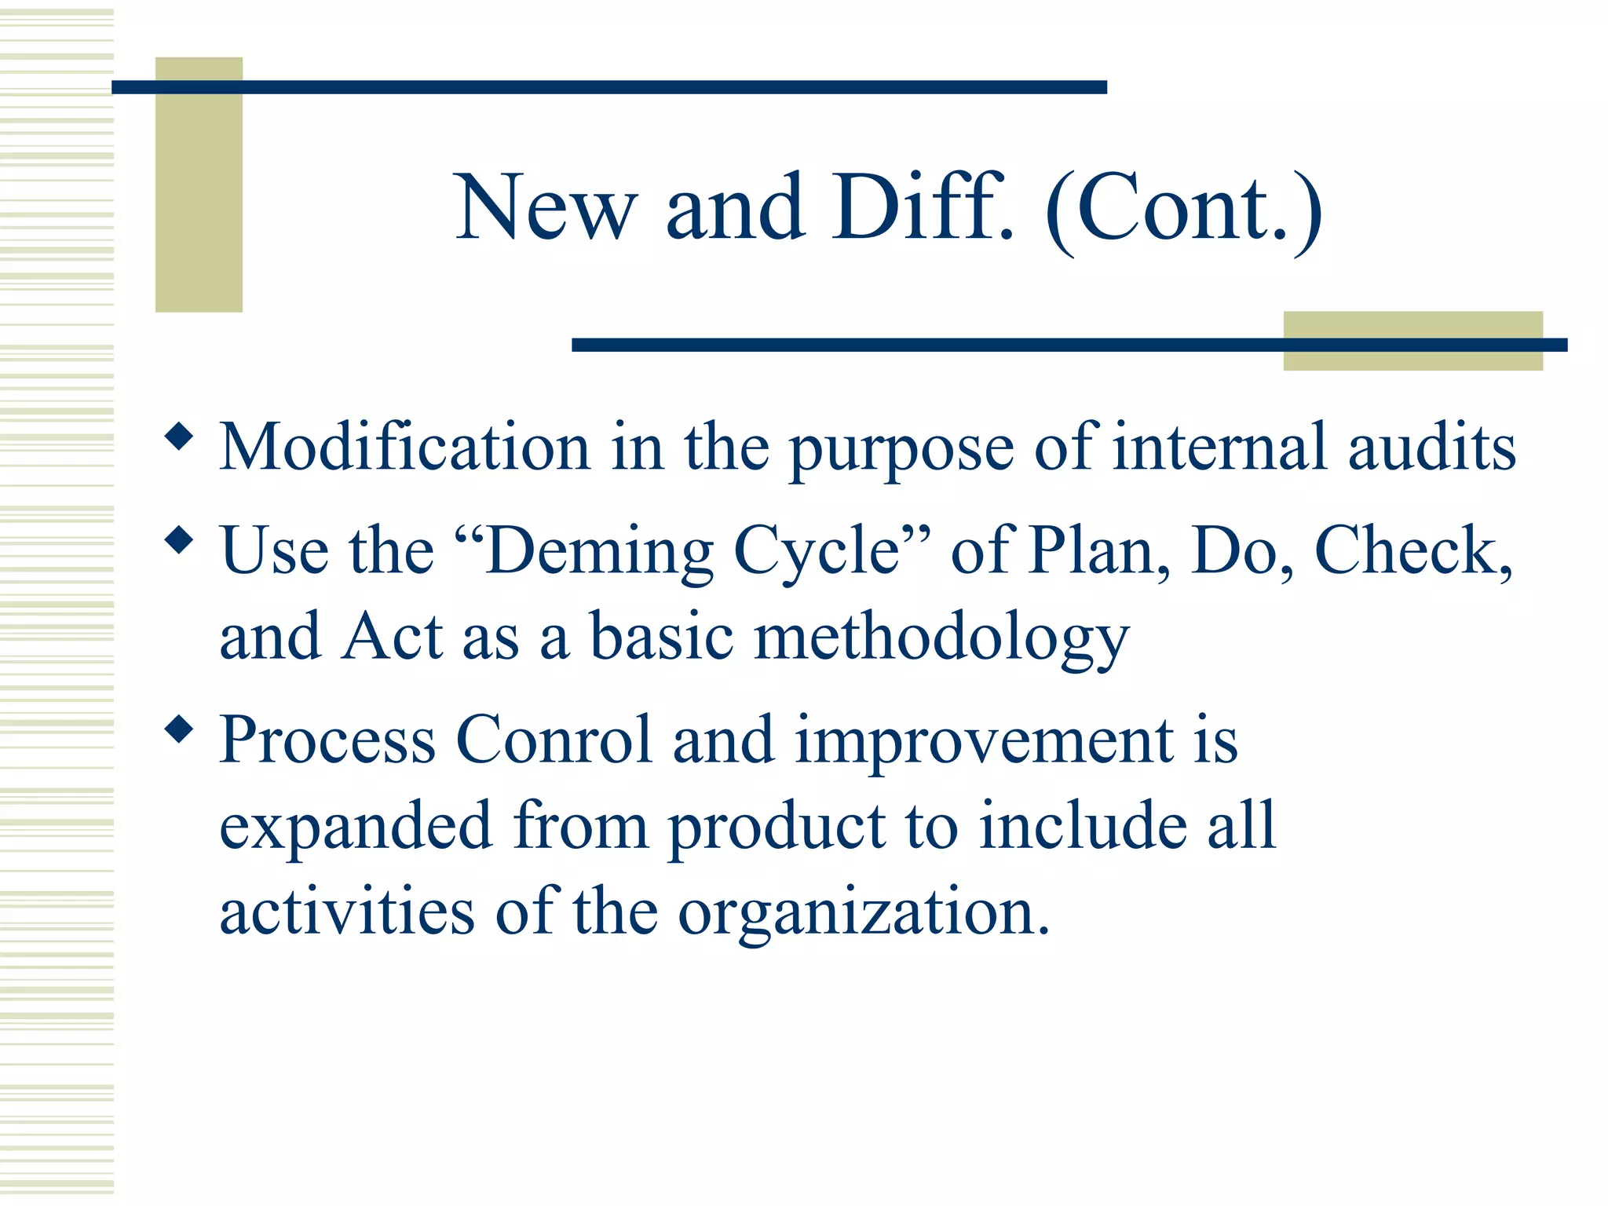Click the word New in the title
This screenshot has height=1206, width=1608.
[545, 208]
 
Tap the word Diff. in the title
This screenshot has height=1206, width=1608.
[923, 208]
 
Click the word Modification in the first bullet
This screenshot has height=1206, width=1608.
[404, 448]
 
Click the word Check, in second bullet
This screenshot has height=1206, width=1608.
[1412, 551]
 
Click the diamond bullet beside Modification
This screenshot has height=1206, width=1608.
[180, 437]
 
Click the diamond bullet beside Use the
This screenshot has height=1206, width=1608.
[180, 540]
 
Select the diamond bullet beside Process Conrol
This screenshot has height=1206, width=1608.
[180, 729]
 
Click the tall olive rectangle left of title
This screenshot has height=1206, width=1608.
[199, 196]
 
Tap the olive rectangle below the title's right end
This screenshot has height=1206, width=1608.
[1412, 358]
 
